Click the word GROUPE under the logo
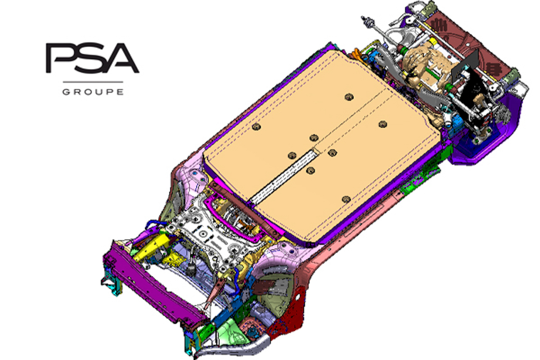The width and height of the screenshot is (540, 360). point(93,92)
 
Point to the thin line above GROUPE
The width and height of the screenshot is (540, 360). point(93,82)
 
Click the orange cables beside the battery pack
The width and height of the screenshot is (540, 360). point(357,54)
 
